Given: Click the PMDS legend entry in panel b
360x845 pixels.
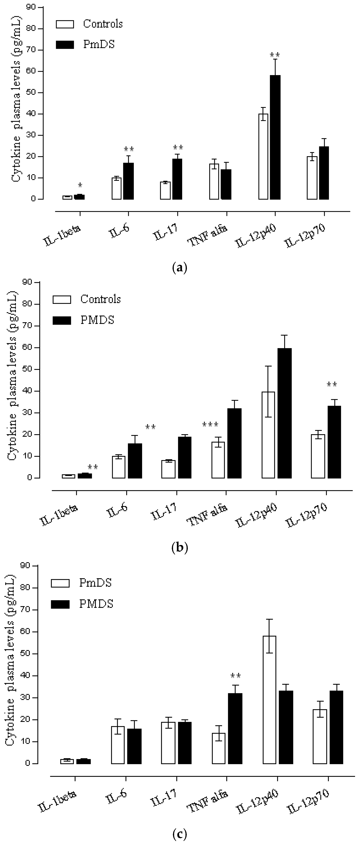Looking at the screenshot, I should (x=84, y=320).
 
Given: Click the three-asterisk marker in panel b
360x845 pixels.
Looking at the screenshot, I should (x=210, y=425).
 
